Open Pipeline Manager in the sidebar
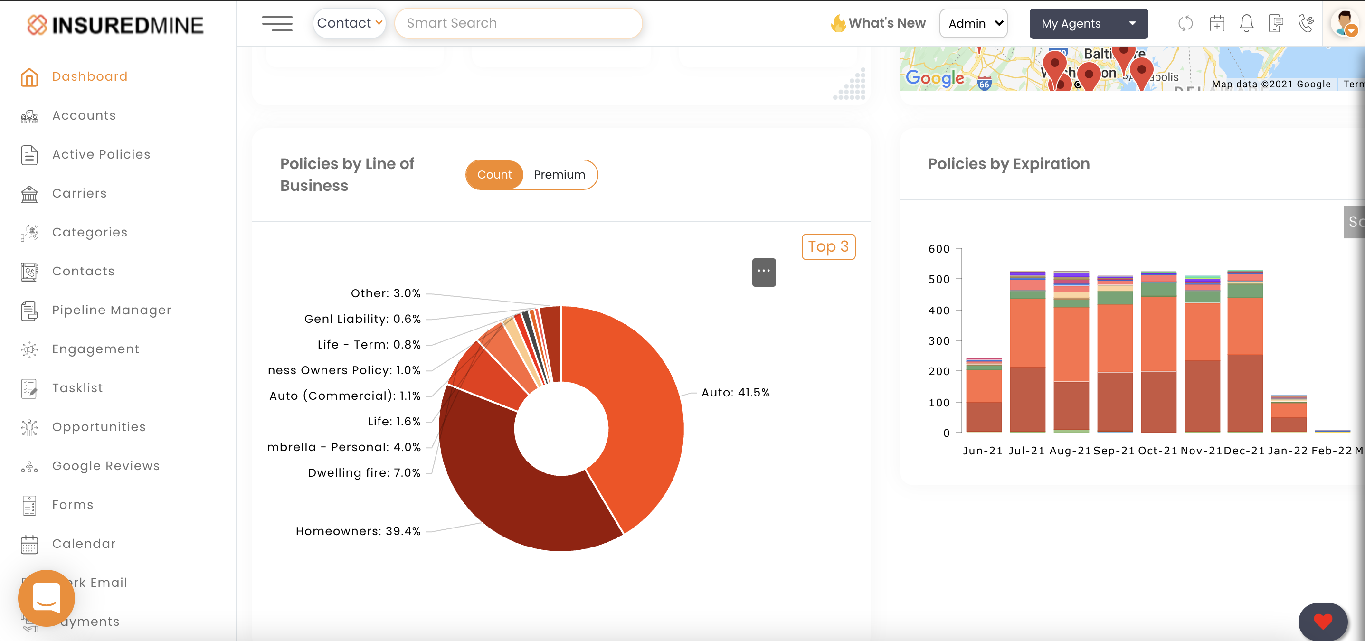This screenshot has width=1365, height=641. coord(111,311)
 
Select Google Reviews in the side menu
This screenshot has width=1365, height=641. coord(105,466)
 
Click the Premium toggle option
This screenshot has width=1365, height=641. coord(559,175)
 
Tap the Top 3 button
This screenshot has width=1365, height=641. coord(828,247)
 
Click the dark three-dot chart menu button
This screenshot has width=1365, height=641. coord(764,272)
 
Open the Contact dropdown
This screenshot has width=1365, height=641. coord(349,23)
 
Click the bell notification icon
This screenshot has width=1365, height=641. coord(1246,24)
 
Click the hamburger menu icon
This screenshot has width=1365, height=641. coord(277,24)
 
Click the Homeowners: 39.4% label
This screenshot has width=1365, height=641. coord(358,531)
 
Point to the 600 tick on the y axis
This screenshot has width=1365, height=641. coord(938,249)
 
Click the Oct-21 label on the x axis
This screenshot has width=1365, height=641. coord(1157,451)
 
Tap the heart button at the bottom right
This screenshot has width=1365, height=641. coord(1322,621)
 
